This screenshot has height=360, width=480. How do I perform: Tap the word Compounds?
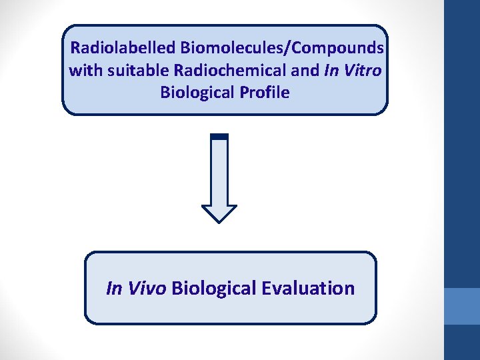coord(338,48)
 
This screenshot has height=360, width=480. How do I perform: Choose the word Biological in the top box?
coord(194,92)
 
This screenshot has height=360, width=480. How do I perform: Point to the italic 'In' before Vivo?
coord(114,289)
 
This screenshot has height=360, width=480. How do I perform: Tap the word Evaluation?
coord(308,289)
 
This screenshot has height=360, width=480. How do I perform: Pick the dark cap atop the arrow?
coord(219,137)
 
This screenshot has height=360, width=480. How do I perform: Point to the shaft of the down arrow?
coord(219,170)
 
